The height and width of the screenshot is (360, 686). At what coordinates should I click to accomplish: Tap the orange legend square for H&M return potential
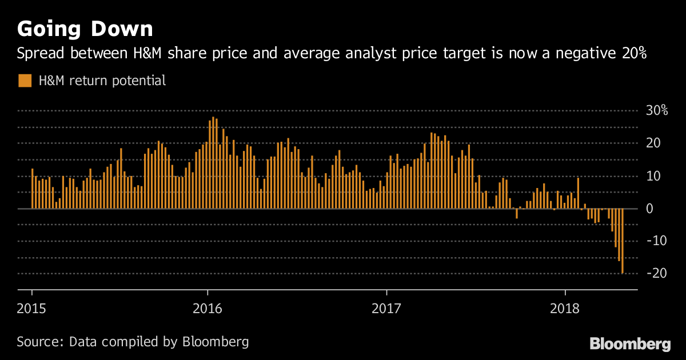point(25,81)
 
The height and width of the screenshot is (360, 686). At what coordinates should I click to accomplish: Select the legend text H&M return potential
point(102,81)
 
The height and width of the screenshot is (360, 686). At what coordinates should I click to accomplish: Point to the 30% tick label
point(656,111)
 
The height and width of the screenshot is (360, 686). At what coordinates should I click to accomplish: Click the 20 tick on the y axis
point(654,143)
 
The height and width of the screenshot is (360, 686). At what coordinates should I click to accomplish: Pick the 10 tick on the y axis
point(654,176)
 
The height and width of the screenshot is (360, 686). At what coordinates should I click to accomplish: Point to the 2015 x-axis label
point(32,308)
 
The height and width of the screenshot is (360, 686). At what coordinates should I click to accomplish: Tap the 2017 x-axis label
point(387,308)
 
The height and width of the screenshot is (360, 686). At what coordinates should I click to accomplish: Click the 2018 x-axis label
point(565,308)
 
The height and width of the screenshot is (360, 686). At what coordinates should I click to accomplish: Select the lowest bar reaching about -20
point(622,241)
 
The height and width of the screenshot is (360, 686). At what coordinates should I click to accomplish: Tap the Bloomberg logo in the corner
point(630,344)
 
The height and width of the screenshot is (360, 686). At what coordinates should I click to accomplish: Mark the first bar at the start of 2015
point(32,189)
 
